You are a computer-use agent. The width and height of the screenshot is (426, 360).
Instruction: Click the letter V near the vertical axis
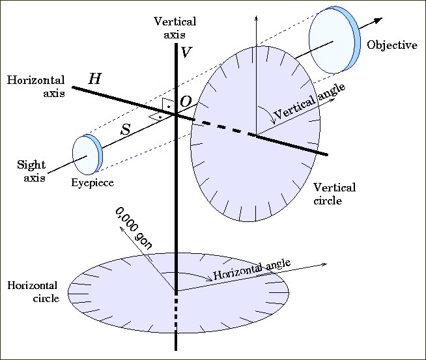point(186,53)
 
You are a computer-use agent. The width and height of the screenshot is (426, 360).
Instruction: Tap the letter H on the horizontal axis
point(95,79)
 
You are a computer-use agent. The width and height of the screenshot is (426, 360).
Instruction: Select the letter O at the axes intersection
point(186,102)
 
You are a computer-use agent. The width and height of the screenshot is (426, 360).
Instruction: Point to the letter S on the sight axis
point(126,130)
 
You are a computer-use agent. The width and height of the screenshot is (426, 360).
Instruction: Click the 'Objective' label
point(391,46)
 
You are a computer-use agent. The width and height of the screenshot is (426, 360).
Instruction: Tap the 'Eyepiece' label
point(92,183)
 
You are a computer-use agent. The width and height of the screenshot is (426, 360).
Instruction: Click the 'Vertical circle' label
point(335,194)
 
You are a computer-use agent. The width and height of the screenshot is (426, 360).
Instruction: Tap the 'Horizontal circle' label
point(32,292)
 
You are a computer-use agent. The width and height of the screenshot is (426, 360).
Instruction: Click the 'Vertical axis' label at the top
point(175,27)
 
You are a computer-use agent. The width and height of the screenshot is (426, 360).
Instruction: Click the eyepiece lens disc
point(85,156)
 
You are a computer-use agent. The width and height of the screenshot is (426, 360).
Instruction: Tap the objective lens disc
point(333,41)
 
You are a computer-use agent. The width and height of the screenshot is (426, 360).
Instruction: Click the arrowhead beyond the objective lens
point(376,20)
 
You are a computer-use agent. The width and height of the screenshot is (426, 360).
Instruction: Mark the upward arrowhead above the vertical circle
point(256,16)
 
